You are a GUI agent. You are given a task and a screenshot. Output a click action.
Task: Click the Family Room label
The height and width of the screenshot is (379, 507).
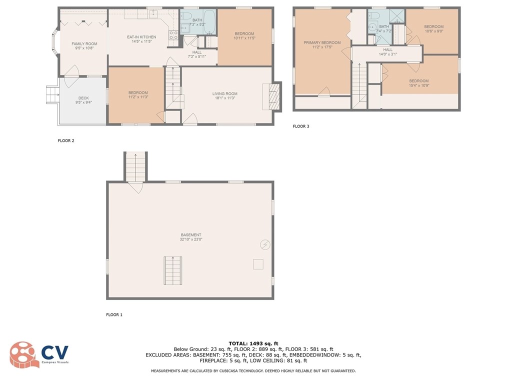click(84, 43)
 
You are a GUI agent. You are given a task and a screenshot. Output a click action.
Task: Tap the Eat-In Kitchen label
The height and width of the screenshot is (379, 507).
click(141, 37)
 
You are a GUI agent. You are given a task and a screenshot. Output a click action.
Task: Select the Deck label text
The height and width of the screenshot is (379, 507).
click(83, 98)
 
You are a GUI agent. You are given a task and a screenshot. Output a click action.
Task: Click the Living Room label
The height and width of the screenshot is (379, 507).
click(224, 93)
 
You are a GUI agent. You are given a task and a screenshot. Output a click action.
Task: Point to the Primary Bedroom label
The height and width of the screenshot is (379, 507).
click(322, 42)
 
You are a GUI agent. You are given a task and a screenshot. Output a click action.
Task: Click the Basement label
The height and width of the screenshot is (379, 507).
click(191, 235)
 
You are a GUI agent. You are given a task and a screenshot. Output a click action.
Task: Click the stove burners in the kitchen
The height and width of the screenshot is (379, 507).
click(173, 35)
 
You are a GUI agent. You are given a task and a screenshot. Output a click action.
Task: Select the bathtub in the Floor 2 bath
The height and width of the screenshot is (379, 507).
click(210, 21)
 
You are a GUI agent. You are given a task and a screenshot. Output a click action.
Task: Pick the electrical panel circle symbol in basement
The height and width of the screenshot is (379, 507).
click(265, 244)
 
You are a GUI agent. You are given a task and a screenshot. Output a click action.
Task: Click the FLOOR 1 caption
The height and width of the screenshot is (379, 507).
click(114, 314)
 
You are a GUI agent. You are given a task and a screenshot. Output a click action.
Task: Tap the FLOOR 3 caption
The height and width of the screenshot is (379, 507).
click(301, 126)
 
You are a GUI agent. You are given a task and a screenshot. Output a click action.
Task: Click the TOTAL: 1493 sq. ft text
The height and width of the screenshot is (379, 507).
click(253, 343)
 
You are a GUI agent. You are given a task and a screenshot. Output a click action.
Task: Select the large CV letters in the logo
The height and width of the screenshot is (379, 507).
click(55, 352)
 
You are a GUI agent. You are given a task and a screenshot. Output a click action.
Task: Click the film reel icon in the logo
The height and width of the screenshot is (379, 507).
click(22, 354)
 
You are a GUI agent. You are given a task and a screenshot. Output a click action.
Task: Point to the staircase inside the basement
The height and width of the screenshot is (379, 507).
click(172, 270)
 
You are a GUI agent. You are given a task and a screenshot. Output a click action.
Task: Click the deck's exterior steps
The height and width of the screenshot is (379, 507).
click(52, 95)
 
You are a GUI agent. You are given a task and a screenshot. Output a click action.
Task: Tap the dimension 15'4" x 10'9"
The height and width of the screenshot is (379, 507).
click(418, 85)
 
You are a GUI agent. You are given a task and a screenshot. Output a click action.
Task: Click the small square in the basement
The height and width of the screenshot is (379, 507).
click(258, 264)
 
